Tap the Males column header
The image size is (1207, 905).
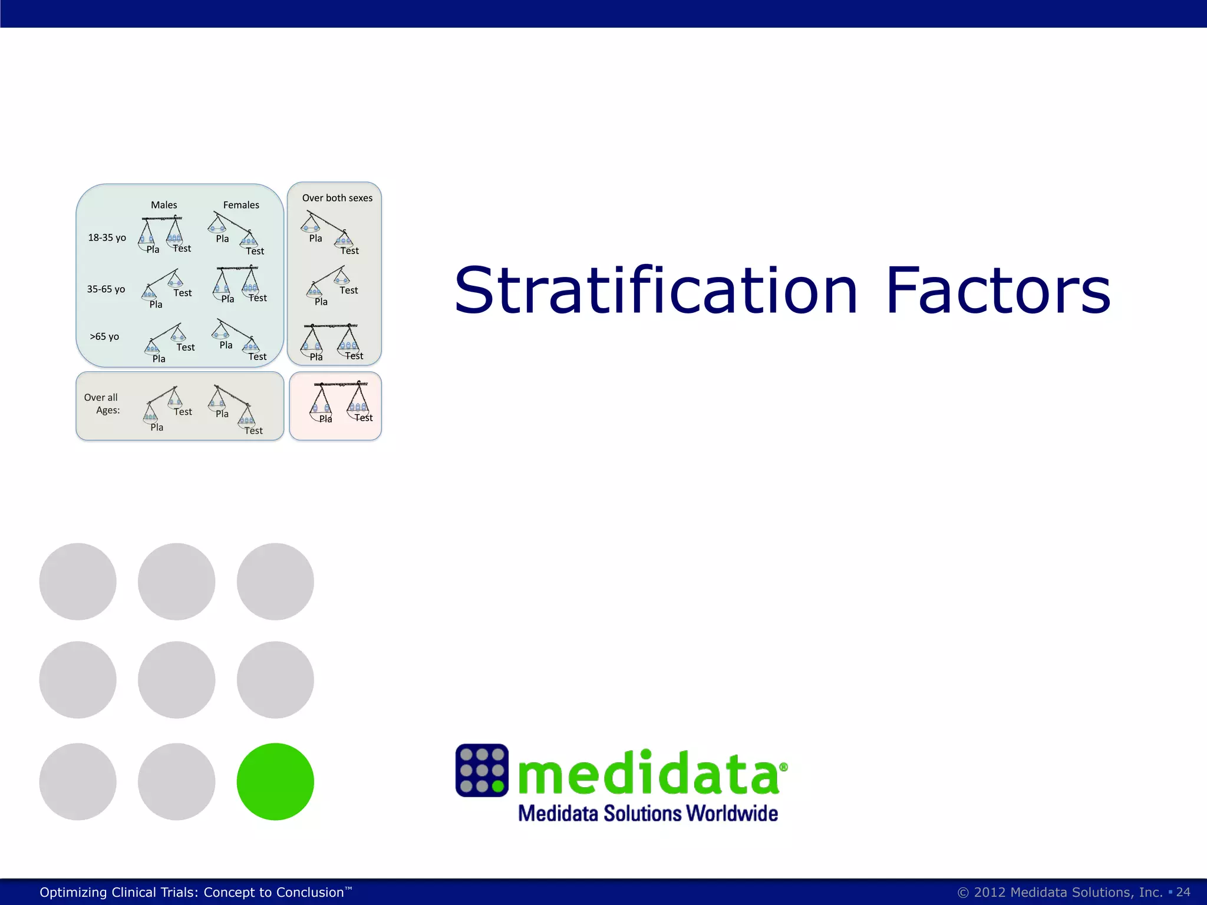tap(164, 205)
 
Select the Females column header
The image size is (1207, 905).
tap(241, 205)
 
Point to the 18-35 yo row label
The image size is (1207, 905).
tap(107, 237)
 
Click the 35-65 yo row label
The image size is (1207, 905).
tap(106, 289)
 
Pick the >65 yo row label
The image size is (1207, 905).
tap(104, 336)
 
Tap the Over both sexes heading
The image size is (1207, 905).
tap(337, 198)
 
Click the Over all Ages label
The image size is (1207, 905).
tap(102, 404)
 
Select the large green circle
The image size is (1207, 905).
tap(275, 781)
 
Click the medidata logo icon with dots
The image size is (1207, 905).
tap(482, 770)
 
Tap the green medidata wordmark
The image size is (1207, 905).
tap(648, 772)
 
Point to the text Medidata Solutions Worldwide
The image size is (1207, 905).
tap(648, 814)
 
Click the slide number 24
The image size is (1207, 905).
tap(1183, 892)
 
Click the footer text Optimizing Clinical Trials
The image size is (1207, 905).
tap(192, 892)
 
